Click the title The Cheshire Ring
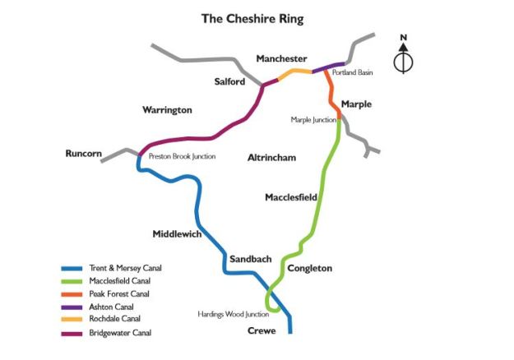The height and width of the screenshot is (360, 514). pos(252,19)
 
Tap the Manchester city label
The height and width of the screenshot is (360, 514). pos(281,59)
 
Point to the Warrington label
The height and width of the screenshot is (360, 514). pos(167,109)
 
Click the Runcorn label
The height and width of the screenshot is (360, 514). pos(83,153)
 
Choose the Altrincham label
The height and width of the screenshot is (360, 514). pos(271,157)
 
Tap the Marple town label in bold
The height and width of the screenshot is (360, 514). pos(356,104)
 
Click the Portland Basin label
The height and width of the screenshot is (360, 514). pos(353,73)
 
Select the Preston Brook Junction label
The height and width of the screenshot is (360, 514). pos(182,156)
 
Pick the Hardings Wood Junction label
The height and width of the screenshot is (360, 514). pos(234,314)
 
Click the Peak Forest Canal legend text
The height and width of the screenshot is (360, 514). pos(120,294)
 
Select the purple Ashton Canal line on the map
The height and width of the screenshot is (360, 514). pos(329,67)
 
